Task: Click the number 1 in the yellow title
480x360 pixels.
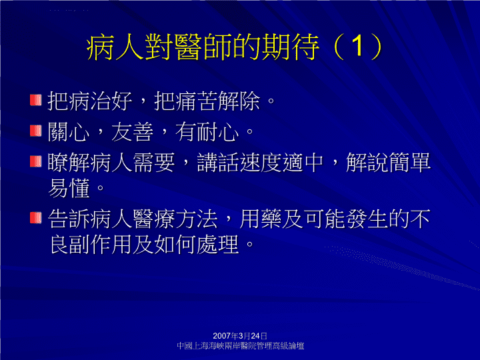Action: [x=357, y=46]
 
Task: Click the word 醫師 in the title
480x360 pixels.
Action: [x=203, y=47]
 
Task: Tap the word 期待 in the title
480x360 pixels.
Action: [x=290, y=47]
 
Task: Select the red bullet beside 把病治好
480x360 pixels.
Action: [x=36, y=100]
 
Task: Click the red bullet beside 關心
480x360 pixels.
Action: [x=36, y=131]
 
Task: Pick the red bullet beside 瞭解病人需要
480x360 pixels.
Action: [x=36, y=161]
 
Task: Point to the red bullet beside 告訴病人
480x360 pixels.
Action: [x=36, y=217]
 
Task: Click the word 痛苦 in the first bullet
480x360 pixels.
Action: [x=197, y=101]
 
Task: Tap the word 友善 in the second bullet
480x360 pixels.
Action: [x=132, y=131]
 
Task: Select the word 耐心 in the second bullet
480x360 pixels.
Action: [x=217, y=131]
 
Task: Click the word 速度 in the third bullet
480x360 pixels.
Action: [x=260, y=162]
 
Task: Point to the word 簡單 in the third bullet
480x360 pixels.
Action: [x=409, y=162]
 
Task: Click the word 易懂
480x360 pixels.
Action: [x=69, y=188]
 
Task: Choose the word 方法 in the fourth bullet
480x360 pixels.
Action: [x=196, y=219]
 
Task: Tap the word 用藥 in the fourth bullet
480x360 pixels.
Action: [x=260, y=219]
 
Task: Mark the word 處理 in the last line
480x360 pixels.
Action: [x=217, y=244]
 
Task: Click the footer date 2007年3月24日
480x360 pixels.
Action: [x=240, y=336]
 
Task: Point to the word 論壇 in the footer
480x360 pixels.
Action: [x=296, y=346]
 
